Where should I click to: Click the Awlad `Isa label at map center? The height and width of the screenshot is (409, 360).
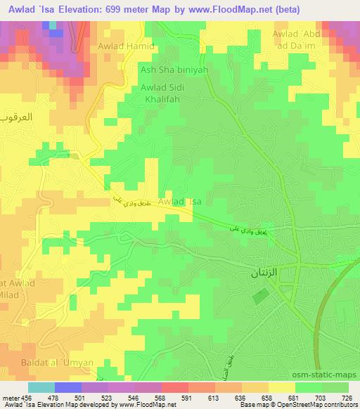tap(180, 202)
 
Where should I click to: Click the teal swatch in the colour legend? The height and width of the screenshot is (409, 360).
tap(41, 387)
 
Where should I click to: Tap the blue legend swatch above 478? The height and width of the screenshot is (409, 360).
tap(68, 387)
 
